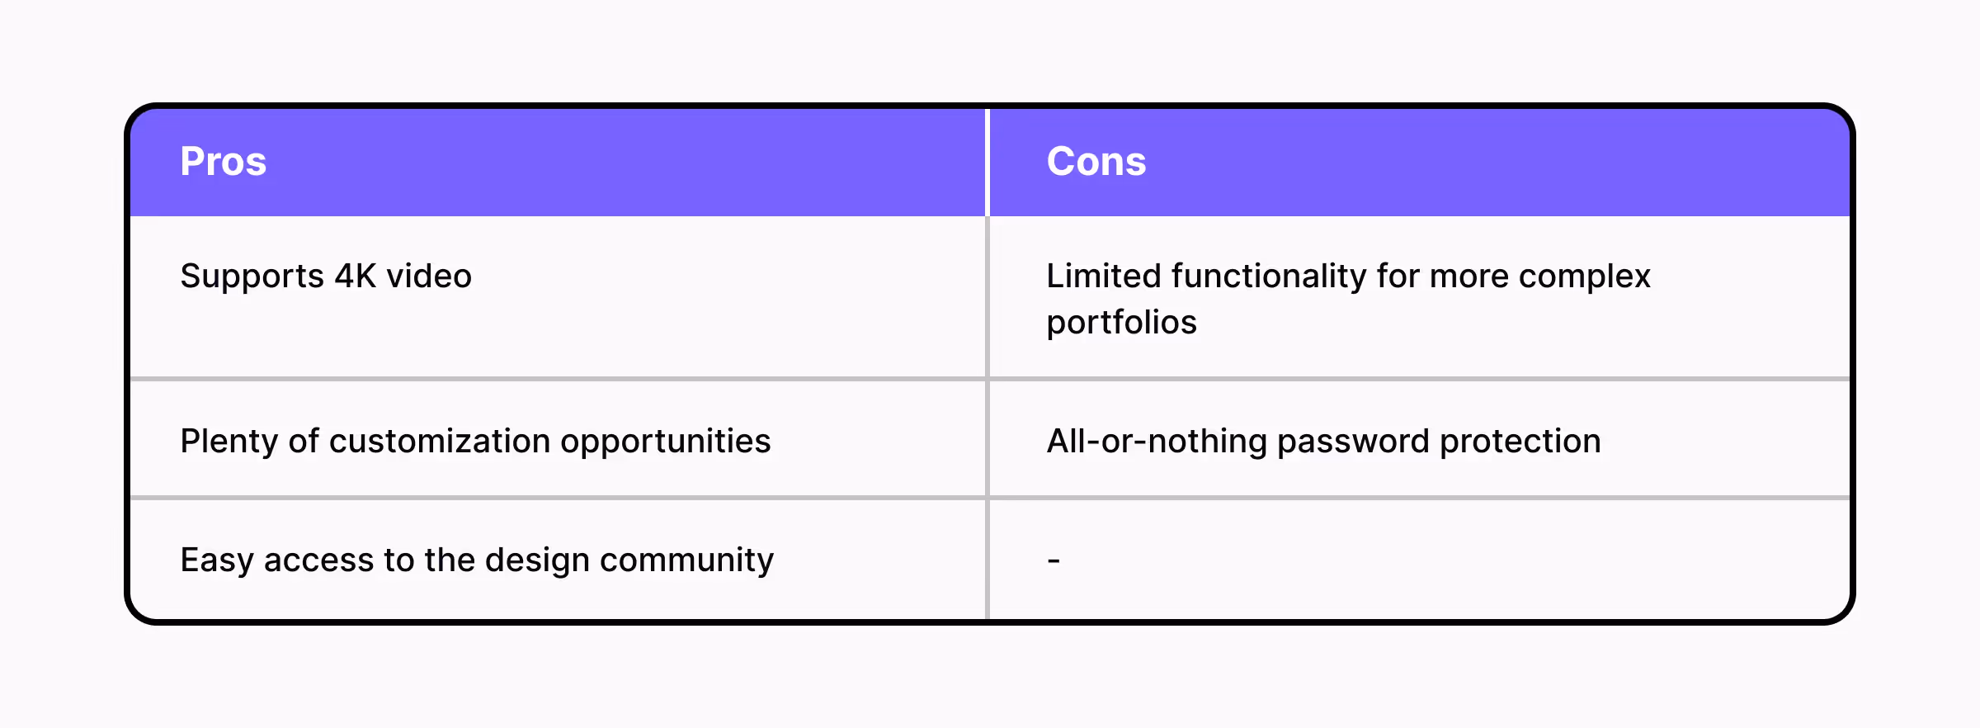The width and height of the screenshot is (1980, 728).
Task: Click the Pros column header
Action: coord(224,161)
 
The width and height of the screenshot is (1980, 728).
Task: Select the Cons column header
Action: coord(1096,161)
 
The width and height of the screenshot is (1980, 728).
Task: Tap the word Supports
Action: coord(252,277)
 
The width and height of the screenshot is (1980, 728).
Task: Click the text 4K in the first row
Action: coord(356,276)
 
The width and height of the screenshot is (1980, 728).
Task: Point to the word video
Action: coord(429,276)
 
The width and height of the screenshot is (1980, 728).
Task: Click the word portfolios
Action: coord(1121,322)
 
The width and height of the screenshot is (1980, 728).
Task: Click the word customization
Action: coord(440,441)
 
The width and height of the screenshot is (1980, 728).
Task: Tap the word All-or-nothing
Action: coord(1157,442)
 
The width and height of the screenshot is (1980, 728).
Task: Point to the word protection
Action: coord(1520,442)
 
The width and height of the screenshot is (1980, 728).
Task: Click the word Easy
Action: coord(217,560)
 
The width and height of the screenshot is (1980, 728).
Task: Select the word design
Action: coord(537,560)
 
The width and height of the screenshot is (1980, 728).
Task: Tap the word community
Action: coord(686,560)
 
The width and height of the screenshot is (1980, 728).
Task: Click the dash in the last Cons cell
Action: coord(1054,560)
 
